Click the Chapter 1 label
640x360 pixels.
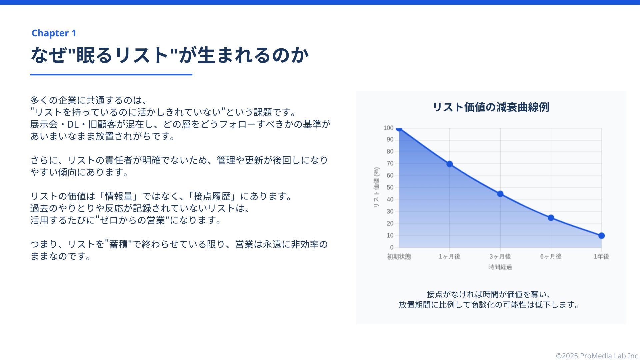click(x=54, y=33)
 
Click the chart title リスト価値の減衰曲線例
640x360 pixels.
click(x=491, y=107)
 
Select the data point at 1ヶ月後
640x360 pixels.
click(x=449, y=164)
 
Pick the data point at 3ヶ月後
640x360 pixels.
click(x=500, y=194)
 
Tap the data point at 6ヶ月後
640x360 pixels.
click(x=551, y=218)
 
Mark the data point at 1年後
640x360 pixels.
click(x=601, y=236)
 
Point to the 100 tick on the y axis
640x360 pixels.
click(x=388, y=128)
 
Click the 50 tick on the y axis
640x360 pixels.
click(x=390, y=187)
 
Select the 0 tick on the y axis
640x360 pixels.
click(x=392, y=247)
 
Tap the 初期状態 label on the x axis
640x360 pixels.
click(x=399, y=256)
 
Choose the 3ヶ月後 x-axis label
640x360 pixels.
click(x=500, y=256)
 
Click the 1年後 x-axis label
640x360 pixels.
click(x=601, y=256)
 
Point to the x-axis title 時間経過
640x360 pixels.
click(x=500, y=267)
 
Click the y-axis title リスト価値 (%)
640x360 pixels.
click(x=376, y=187)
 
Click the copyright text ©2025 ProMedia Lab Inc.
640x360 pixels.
click(x=597, y=356)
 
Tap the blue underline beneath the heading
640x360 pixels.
click(x=111, y=75)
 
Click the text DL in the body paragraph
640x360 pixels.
click(x=73, y=124)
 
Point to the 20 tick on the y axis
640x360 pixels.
click(x=390, y=223)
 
